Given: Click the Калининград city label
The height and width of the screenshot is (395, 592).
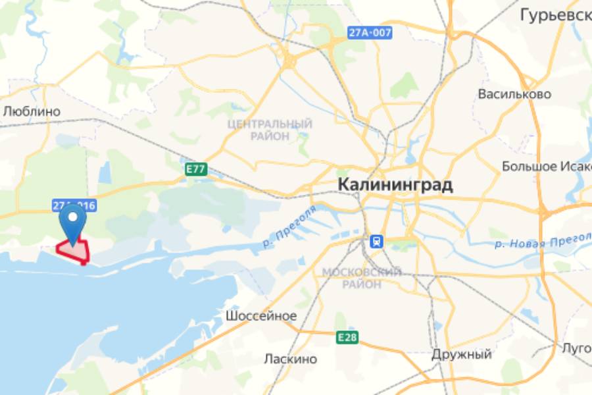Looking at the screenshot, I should click(x=395, y=185).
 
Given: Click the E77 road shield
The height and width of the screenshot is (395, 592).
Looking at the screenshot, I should click(x=196, y=170).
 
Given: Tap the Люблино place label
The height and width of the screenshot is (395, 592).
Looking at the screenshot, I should click(x=32, y=111).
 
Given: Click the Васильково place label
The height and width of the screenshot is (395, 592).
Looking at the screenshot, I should click(x=514, y=94).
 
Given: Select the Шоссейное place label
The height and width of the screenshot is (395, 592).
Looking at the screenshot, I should click(x=261, y=316).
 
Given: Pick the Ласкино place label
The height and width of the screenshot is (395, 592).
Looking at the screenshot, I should click(x=290, y=359).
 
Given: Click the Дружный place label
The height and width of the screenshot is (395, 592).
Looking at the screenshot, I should click(x=462, y=354).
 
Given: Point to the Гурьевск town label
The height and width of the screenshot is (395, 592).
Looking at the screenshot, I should click(x=555, y=14).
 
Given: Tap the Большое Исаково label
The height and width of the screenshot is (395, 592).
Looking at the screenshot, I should click(x=546, y=165).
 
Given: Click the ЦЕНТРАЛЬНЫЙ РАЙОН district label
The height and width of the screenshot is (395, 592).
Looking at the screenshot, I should click(x=270, y=130).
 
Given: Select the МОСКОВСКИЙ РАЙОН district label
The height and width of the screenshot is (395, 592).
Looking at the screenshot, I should click(x=361, y=278).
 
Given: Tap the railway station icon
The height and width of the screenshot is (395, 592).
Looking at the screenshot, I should click(x=376, y=242).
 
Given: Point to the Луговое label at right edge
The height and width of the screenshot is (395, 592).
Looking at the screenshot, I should click(x=577, y=348).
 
